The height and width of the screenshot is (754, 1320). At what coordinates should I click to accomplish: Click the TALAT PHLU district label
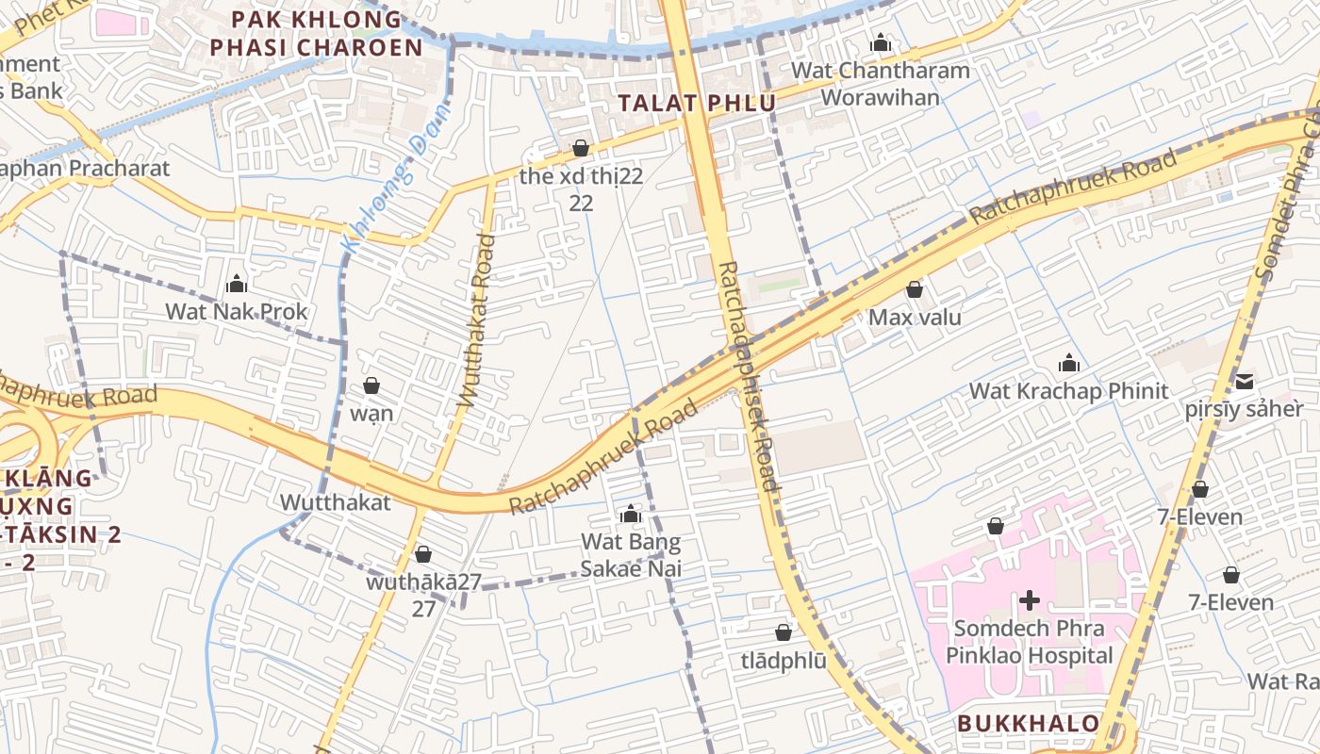tap(697, 103)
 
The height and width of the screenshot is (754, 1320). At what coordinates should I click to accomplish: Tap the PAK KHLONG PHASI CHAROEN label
tap(316, 33)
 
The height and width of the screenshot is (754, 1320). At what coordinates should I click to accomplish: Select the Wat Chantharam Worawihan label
tap(881, 84)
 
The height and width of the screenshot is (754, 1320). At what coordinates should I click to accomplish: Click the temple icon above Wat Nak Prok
tap(237, 283)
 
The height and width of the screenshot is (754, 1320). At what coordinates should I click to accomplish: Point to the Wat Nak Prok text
tap(237, 311)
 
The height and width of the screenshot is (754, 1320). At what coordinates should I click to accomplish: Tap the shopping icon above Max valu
tap(914, 289)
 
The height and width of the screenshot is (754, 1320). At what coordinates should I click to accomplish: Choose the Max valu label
tap(915, 318)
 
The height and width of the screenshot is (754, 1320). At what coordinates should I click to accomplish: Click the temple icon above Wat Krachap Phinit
tap(1068, 363)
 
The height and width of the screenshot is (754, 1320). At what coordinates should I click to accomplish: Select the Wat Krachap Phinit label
tap(1068, 391)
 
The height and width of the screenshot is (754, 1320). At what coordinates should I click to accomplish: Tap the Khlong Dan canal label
tap(396, 179)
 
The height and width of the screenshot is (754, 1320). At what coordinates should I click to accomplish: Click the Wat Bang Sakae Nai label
tap(631, 555)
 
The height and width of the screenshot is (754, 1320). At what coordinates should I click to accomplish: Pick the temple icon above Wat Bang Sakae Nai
tap(631, 515)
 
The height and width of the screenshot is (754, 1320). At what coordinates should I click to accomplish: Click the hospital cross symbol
tap(1030, 599)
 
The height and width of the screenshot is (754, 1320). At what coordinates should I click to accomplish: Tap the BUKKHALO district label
tap(1028, 724)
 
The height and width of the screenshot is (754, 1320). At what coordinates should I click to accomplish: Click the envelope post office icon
tap(1245, 381)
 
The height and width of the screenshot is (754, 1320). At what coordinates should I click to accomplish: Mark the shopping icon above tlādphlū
tap(783, 632)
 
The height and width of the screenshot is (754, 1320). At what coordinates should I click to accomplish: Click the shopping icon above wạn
tap(371, 385)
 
